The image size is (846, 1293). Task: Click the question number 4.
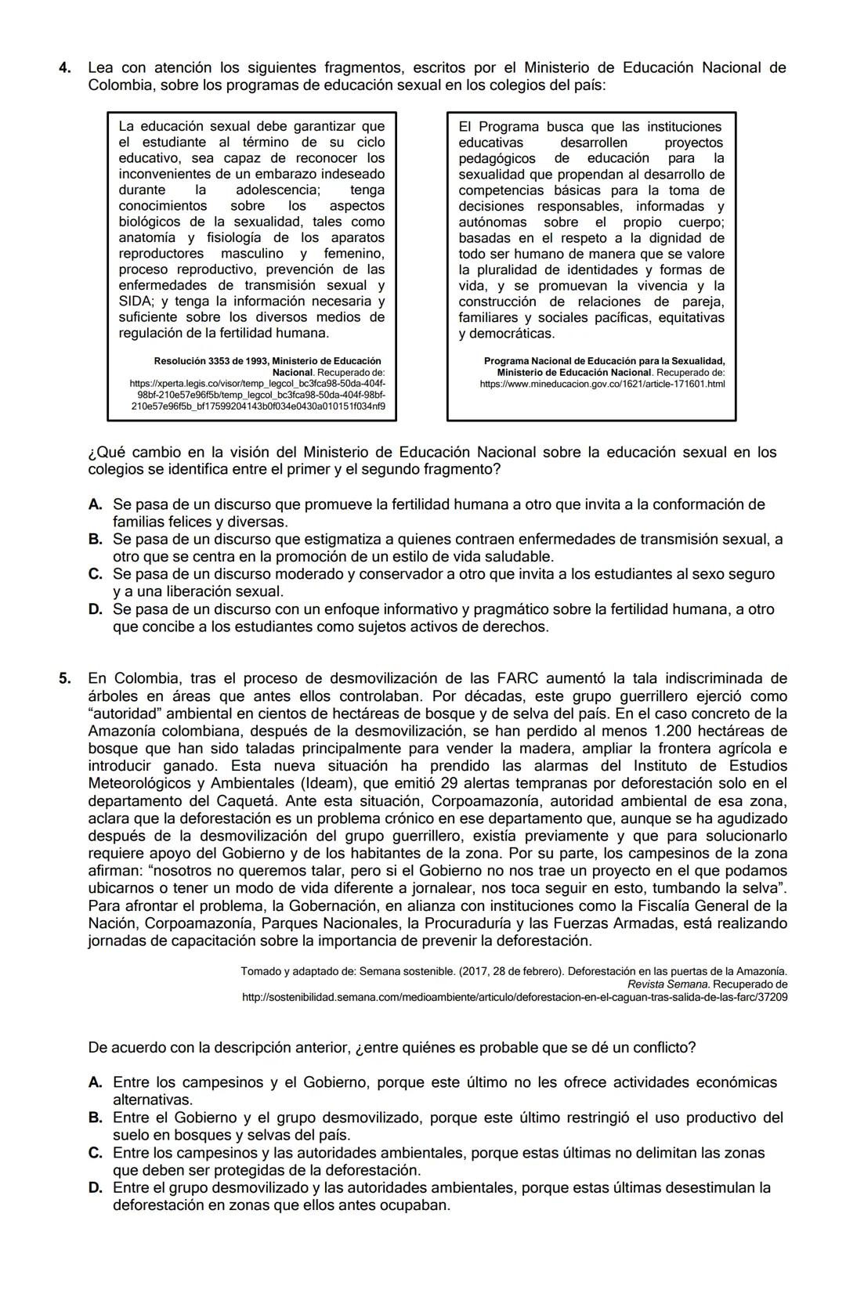pos(66,68)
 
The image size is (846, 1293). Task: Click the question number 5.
pos(66,678)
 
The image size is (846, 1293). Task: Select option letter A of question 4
pos(96,504)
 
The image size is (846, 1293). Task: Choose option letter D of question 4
pos(96,609)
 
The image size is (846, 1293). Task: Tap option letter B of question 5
pos(96,1118)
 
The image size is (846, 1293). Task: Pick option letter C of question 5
pos(96,1153)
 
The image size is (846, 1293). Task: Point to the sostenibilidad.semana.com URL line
pos(515,997)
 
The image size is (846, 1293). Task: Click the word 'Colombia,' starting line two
pos(118,85)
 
